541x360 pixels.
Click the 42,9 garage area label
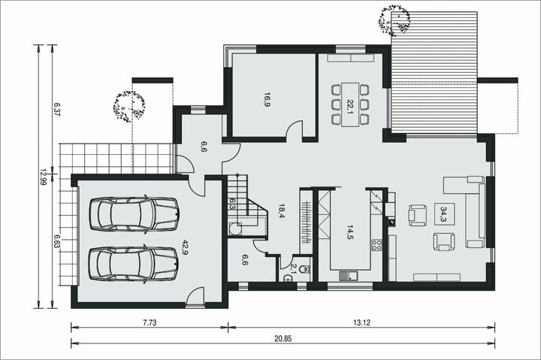(185, 247)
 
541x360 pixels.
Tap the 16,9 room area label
(266, 99)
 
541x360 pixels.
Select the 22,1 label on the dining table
(350, 106)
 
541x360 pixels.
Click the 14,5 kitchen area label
(350, 232)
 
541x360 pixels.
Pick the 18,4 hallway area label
(281, 211)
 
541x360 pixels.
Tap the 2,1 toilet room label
(294, 268)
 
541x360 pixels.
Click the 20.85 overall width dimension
(283, 339)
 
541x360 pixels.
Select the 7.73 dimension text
(150, 322)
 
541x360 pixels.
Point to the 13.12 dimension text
(361, 322)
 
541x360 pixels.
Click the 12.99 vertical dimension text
(43, 177)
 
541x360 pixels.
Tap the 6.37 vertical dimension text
(57, 109)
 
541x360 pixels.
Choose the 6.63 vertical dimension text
(57, 241)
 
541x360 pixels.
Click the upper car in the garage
(134, 214)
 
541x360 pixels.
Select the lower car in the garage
(134, 264)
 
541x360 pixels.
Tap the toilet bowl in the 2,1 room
(304, 268)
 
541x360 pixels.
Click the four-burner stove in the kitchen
(376, 245)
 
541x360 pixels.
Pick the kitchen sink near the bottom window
(348, 276)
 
